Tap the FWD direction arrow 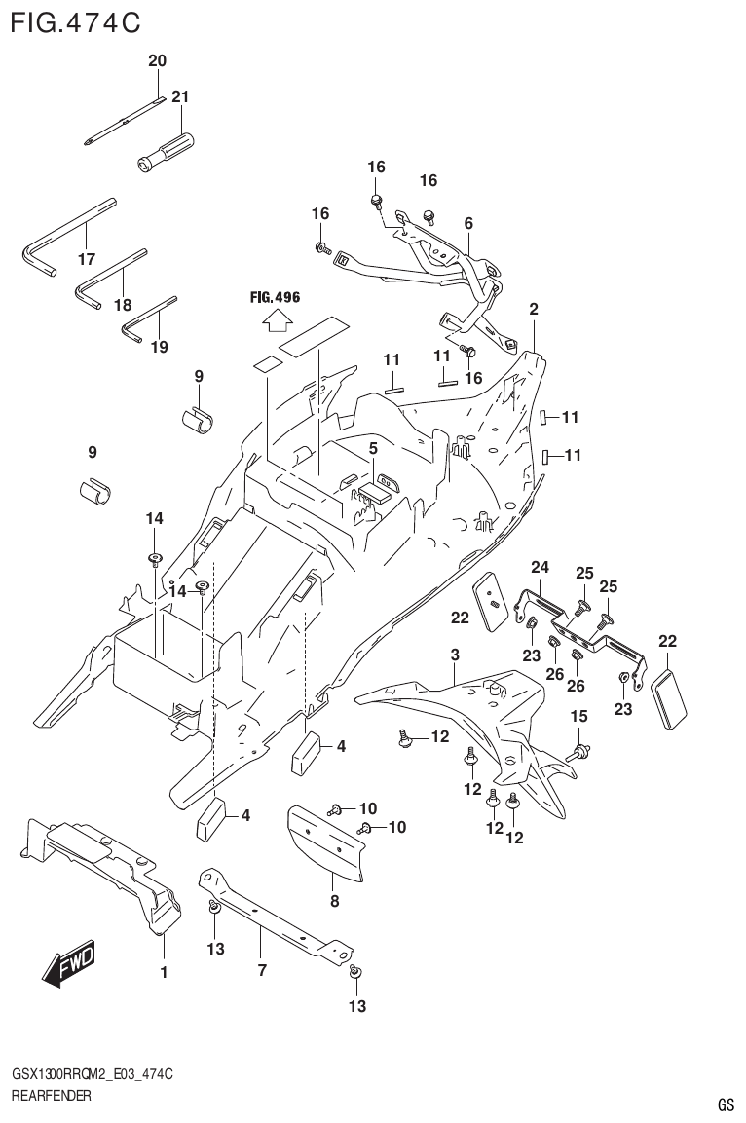69,965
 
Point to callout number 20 157,61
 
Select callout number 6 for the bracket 468,224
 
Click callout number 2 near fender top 534,309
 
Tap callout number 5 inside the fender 372,449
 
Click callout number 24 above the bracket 540,568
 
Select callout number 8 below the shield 334,902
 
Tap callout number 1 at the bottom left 164,972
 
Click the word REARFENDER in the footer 51,1096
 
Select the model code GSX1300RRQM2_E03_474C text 92,1073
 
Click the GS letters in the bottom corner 726,1104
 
